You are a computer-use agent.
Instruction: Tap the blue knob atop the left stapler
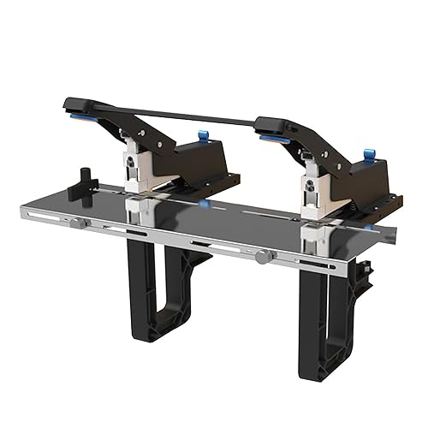(203, 134)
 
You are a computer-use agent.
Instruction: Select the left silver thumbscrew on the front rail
(78, 223)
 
